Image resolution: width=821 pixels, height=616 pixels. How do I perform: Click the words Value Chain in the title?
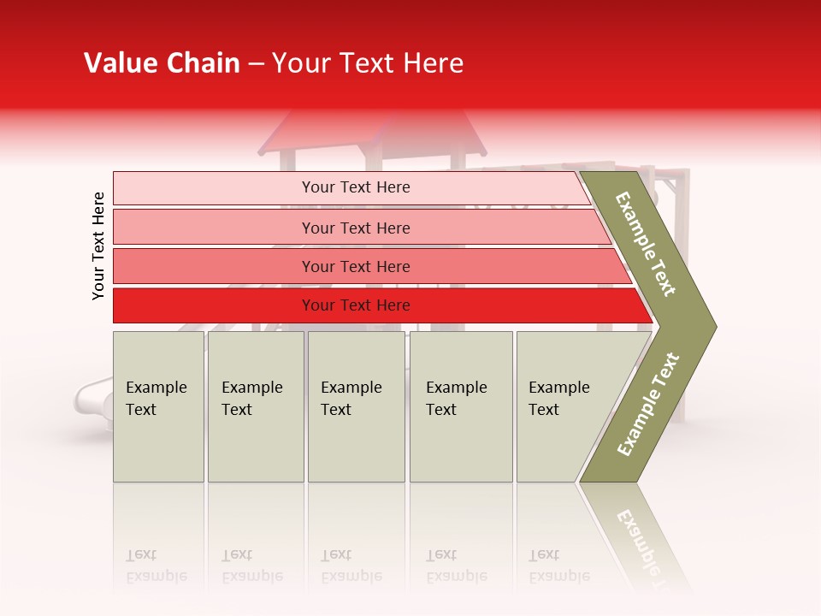[x=162, y=63]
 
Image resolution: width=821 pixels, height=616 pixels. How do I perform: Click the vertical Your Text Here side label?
[x=98, y=246]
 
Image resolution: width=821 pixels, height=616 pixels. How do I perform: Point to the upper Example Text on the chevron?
[x=646, y=244]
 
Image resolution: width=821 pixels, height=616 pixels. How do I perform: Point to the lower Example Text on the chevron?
[x=648, y=404]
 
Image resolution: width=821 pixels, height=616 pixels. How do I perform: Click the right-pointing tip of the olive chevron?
[x=712, y=326]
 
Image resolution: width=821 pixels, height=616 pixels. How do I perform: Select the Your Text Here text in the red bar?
[x=356, y=305]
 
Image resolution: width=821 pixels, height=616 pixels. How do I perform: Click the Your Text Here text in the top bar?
[x=356, y=187]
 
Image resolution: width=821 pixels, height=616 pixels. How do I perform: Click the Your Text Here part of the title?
[x=368, y=63]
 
